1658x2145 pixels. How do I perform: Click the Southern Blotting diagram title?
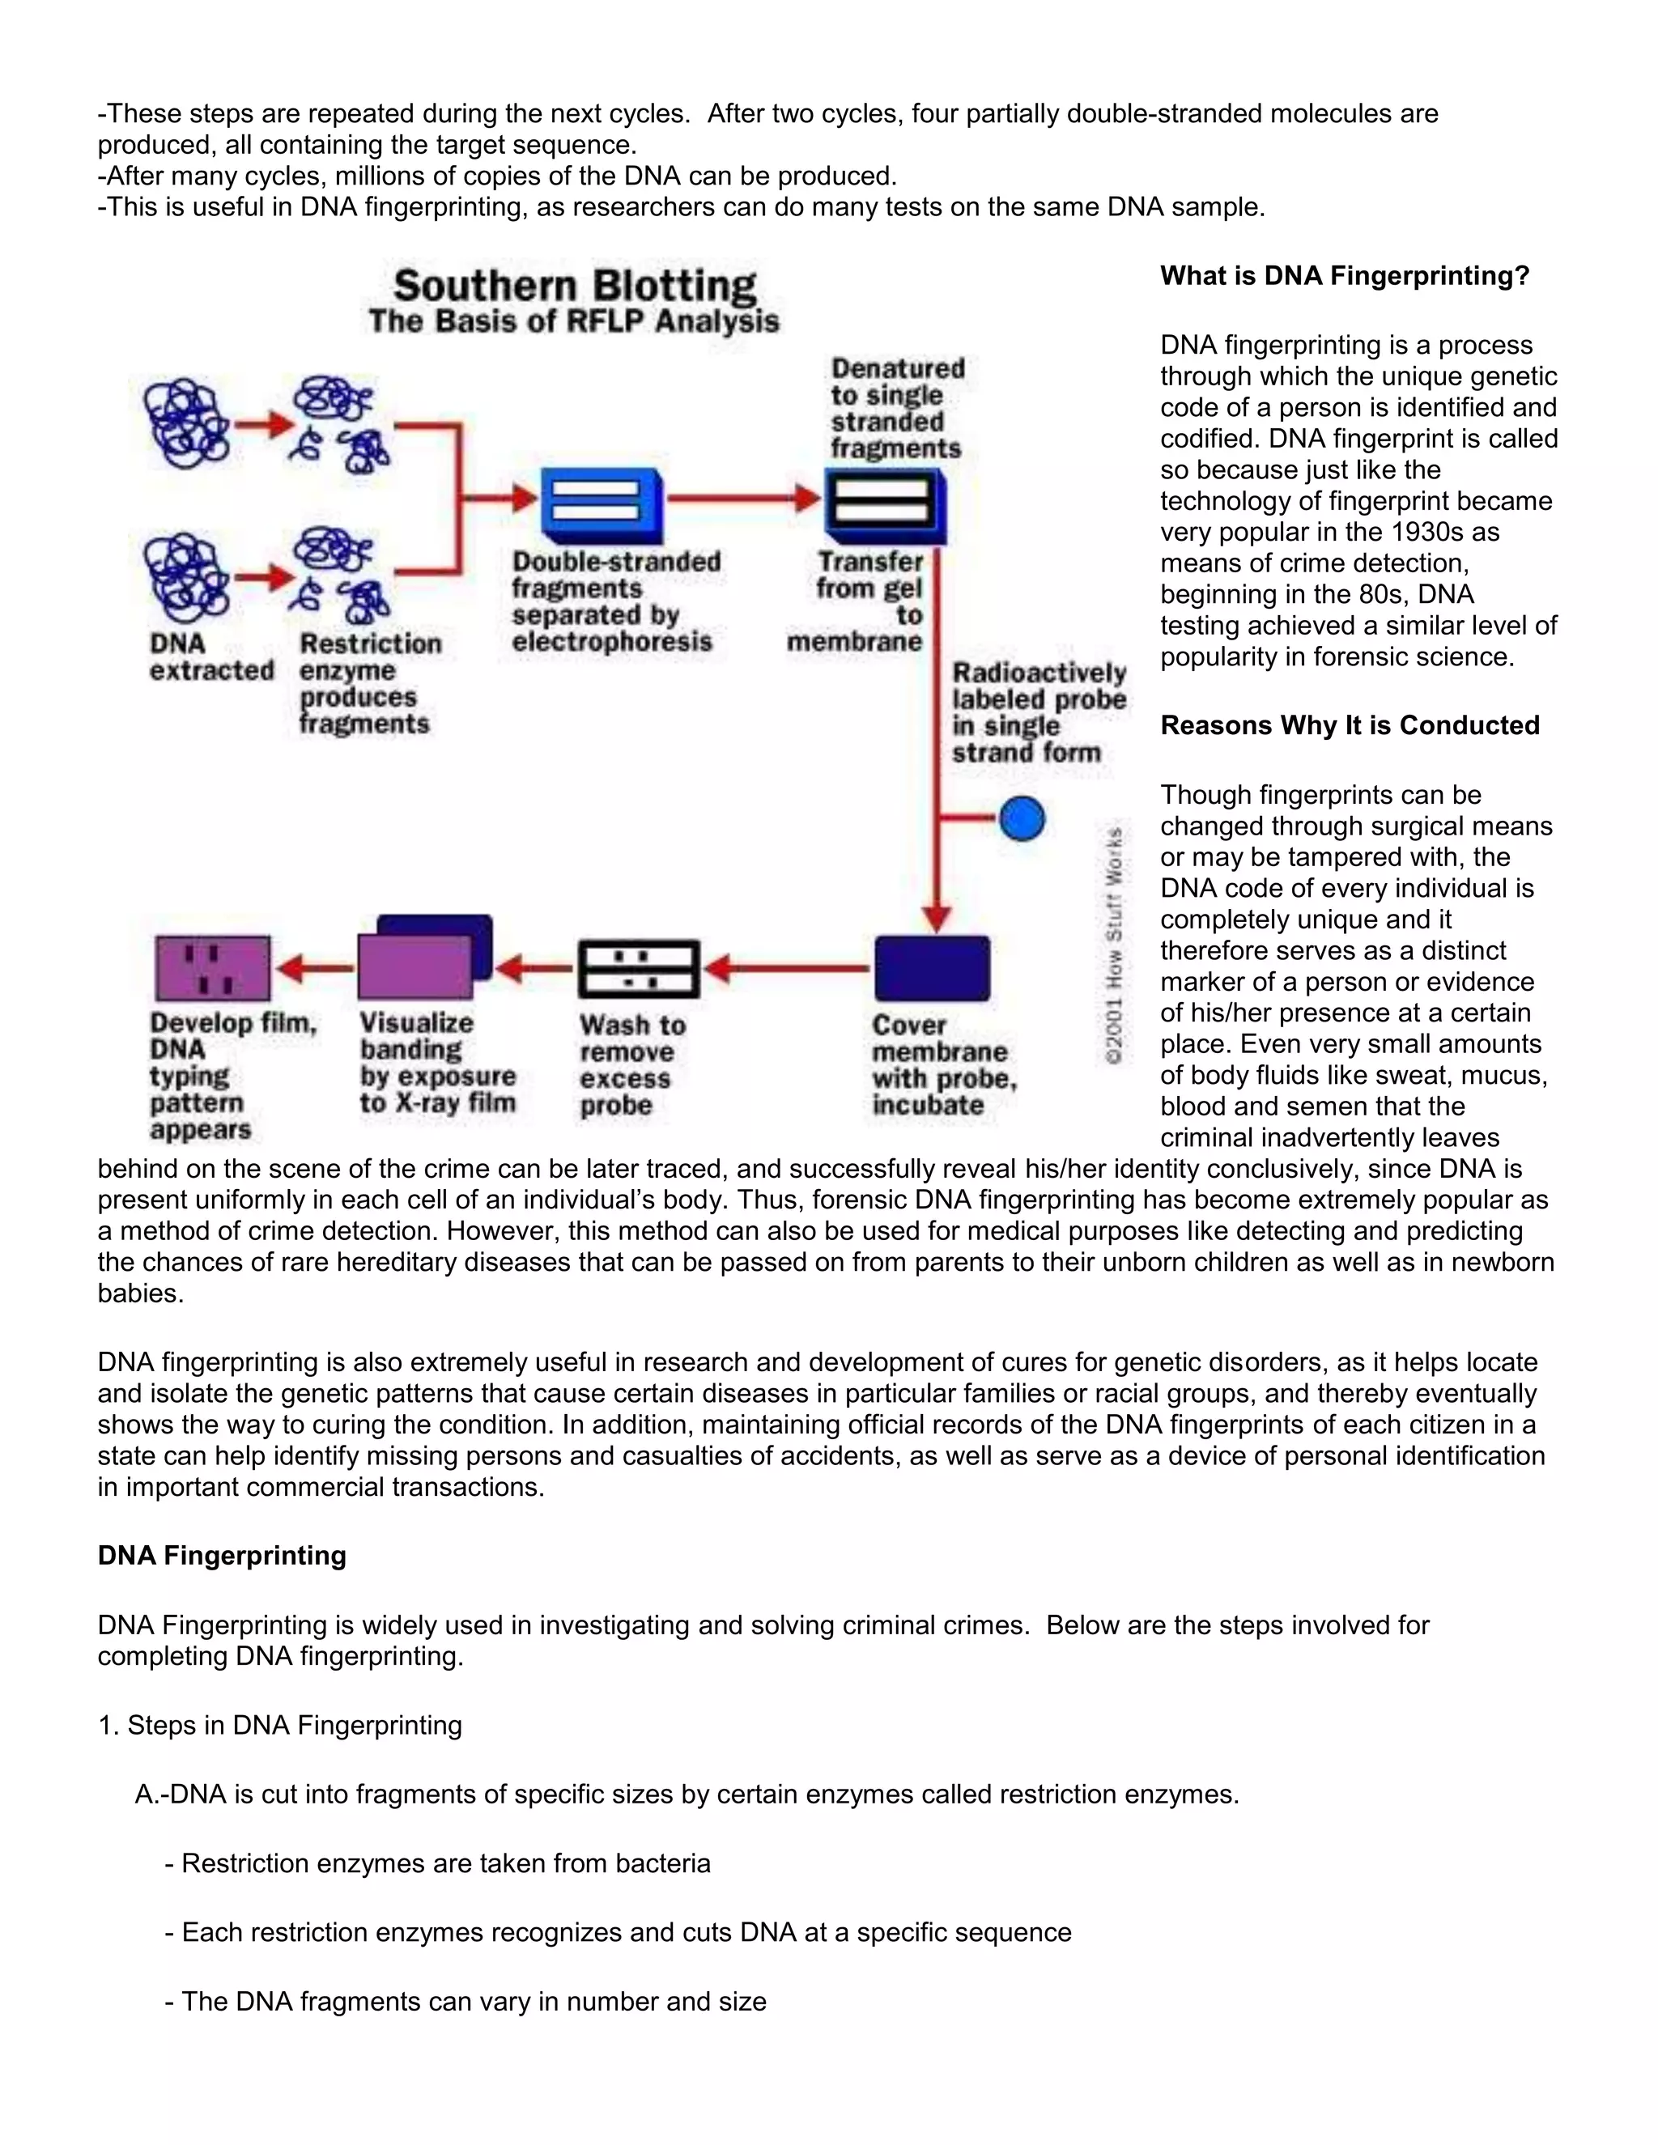575,287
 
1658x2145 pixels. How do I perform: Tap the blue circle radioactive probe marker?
1022,818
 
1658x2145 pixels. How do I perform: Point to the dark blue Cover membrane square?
931,968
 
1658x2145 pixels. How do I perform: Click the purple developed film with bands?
212,968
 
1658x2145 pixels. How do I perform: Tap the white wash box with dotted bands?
639,968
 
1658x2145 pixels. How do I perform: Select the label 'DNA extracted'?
210,657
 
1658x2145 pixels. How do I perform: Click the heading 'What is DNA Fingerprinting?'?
1345,276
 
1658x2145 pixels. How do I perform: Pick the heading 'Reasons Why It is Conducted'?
1350,726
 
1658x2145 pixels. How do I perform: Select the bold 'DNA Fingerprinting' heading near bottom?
222,1556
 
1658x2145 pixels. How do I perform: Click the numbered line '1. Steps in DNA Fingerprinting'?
280,1726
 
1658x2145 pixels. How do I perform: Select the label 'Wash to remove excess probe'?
631,1064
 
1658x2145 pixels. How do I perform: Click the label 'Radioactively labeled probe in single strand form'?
1037,712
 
